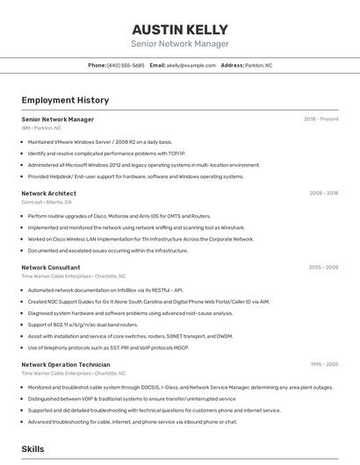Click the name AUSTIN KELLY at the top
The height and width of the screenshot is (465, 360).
180,29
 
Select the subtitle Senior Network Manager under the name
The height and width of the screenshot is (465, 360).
180,44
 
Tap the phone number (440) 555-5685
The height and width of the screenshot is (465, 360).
126,65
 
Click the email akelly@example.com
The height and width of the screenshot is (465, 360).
191,65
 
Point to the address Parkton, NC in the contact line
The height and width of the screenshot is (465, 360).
259,65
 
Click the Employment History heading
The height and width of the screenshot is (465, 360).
65,101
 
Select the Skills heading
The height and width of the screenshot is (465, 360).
33,449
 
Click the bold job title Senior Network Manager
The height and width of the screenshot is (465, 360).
58,119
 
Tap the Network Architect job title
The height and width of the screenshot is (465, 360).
49,193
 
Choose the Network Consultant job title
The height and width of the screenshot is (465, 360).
51,267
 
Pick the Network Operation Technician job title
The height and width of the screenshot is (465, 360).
66,364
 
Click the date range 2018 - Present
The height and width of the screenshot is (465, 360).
321,119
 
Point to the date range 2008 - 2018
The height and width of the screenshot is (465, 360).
323,193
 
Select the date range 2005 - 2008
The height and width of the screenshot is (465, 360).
323,267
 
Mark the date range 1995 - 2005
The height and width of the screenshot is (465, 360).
323,364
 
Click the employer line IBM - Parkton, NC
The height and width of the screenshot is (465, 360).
42,128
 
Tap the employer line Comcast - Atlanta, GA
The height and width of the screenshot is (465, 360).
47,202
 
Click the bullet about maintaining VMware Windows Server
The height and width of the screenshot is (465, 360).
99,141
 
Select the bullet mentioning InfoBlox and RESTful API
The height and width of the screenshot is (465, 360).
105,290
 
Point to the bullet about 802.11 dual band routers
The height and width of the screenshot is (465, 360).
82,325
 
